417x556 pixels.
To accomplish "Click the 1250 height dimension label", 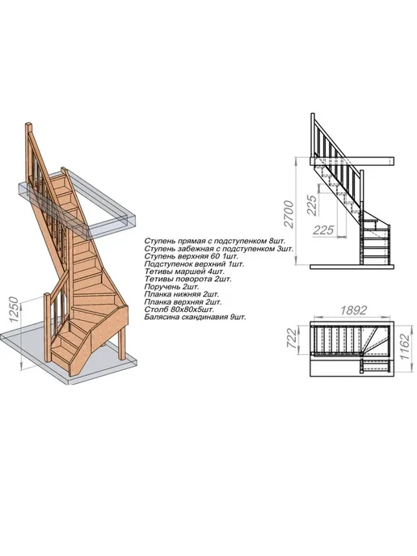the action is click(x=13, y=310).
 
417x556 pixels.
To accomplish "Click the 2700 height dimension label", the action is click(x=289, y=214).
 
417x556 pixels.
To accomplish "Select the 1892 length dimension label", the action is click(x=353, y=310).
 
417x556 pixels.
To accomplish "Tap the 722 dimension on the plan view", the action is click(x=291, y=338).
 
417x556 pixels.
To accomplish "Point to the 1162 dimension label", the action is click(x=405, y=347).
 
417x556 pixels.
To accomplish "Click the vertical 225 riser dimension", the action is click(x=311, y=205).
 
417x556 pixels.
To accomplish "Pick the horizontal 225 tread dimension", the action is click(x=323, y=230).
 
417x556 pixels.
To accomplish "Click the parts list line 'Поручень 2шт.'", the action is click(x=172, y=287).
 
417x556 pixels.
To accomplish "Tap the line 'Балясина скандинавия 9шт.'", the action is click(x=195, y=317).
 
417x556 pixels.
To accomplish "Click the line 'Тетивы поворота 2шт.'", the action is click(x=188, y=279).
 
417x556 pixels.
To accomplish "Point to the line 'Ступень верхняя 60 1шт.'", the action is click(x=192, y=256).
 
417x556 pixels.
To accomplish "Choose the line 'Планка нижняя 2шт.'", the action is click(x=182, y=294).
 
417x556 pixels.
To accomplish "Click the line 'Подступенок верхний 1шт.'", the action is click(x=194, y=263).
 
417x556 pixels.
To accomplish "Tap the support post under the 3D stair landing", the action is click(x=121, y=341).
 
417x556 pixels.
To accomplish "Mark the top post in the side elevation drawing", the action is click(x=313, y=135).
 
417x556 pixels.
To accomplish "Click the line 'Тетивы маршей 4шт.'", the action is click(x=184, y=272).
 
